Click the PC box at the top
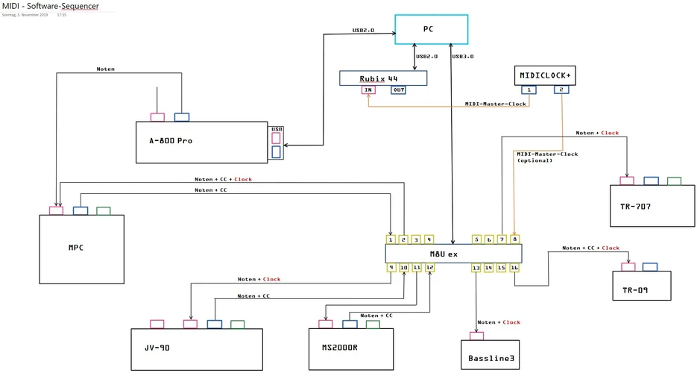click(x=431, y=29)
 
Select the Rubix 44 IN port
click(x=368, y=90)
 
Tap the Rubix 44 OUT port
click(x=398, y=90)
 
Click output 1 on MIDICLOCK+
click(x=529, y=90)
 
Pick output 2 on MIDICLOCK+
click(x=561, y=90)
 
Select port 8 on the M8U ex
click(x=514, y=239)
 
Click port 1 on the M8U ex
click(x=391, y=239)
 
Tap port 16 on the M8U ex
click(x=514, y=267)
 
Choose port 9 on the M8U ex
click(x=391, y=267)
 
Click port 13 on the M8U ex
click(x=476, y=267)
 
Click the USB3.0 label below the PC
click(x=463, y=56)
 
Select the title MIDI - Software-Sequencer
click(x=50, y=6)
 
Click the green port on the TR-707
click(x=674, y=181)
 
